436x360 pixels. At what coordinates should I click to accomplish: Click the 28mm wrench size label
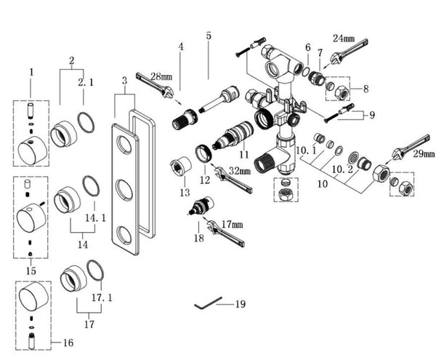pos(161,76)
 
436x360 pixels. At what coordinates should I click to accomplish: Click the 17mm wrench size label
pos(233,225)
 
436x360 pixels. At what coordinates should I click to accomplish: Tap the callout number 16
pos(69,342)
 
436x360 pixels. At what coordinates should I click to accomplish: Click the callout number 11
pos(243,154)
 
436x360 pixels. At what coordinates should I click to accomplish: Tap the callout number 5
pos(208,36)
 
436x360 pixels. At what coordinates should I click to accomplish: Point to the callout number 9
pos(371,114)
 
